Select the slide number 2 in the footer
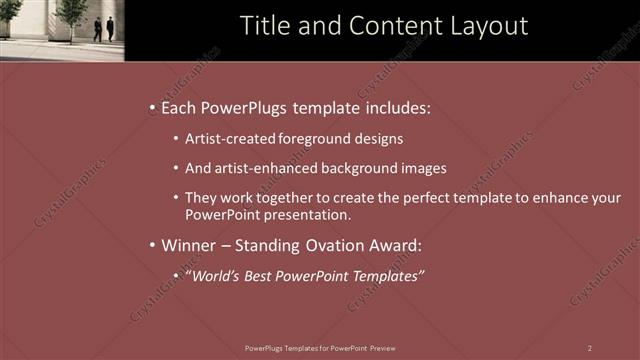589,348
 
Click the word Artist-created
228,139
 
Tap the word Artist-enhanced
269,169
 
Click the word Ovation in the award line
342,245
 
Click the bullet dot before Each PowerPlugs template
151,108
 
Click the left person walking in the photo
98,29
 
